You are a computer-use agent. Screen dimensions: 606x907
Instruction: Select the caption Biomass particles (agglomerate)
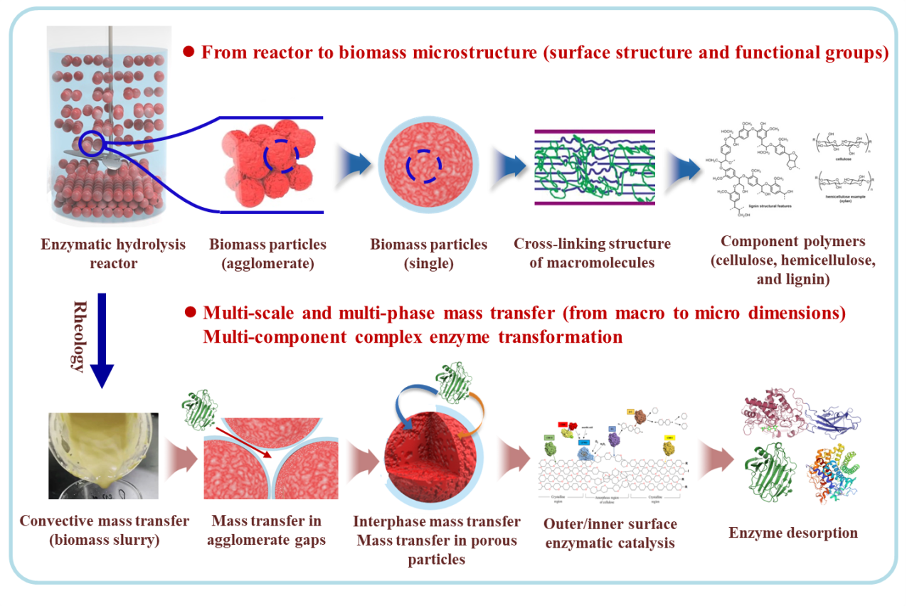click(x=267, y=254)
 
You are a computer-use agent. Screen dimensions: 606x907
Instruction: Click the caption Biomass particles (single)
click(x=428, y=254)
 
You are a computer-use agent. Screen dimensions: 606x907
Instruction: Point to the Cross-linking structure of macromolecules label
click(x=592, y=254)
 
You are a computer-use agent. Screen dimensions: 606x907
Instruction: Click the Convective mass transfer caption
click(x=105, y=530)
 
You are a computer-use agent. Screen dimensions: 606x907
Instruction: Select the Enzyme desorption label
click(x=793, y=532)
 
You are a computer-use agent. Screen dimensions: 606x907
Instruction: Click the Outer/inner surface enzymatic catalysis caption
click(x=610, y=533)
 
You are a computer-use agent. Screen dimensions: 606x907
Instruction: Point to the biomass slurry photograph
click(x=103, y=455)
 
